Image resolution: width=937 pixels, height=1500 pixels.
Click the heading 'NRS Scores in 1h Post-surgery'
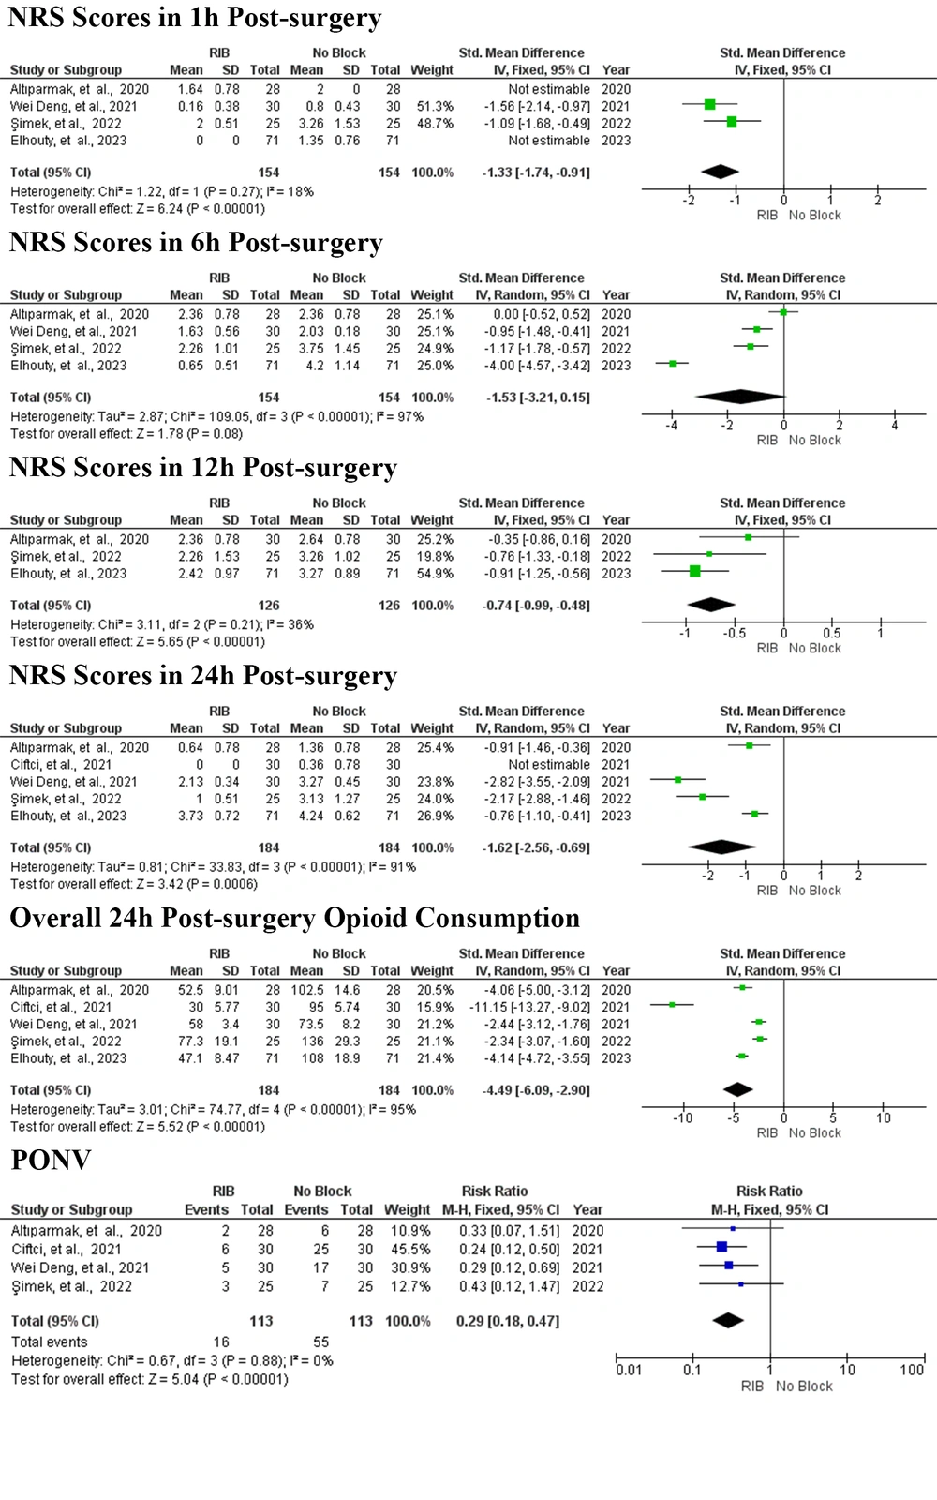coord(195,18)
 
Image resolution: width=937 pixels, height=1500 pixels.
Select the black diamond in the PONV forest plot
coord(728,1321)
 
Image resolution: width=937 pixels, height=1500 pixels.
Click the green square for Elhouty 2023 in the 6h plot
coord(673,364)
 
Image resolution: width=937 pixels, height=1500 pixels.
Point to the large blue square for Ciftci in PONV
coord(721,1247)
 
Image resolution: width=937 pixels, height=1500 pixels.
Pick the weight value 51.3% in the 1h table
coord(435,107)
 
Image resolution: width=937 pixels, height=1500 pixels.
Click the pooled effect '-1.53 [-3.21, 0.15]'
coord(538,397)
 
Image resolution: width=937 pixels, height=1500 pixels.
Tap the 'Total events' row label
coord(50,1342)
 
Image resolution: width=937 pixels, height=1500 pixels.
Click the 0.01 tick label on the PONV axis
coord(629,1370)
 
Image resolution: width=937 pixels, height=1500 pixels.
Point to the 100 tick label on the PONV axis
coord(912,1370)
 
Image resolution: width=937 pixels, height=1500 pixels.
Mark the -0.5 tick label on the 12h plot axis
coord(735,634)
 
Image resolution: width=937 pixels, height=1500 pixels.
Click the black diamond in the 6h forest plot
coord(740,397)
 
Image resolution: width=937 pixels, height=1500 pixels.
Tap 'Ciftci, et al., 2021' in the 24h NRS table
coord(61,765)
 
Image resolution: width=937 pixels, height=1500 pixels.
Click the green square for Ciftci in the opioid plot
coord(672,1004)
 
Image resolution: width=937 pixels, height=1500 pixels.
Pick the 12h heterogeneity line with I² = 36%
coord(162,624)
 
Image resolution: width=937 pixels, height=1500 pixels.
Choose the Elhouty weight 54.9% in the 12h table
coord(435,574)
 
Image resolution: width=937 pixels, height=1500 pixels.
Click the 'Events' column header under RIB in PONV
coord(206,1210)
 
